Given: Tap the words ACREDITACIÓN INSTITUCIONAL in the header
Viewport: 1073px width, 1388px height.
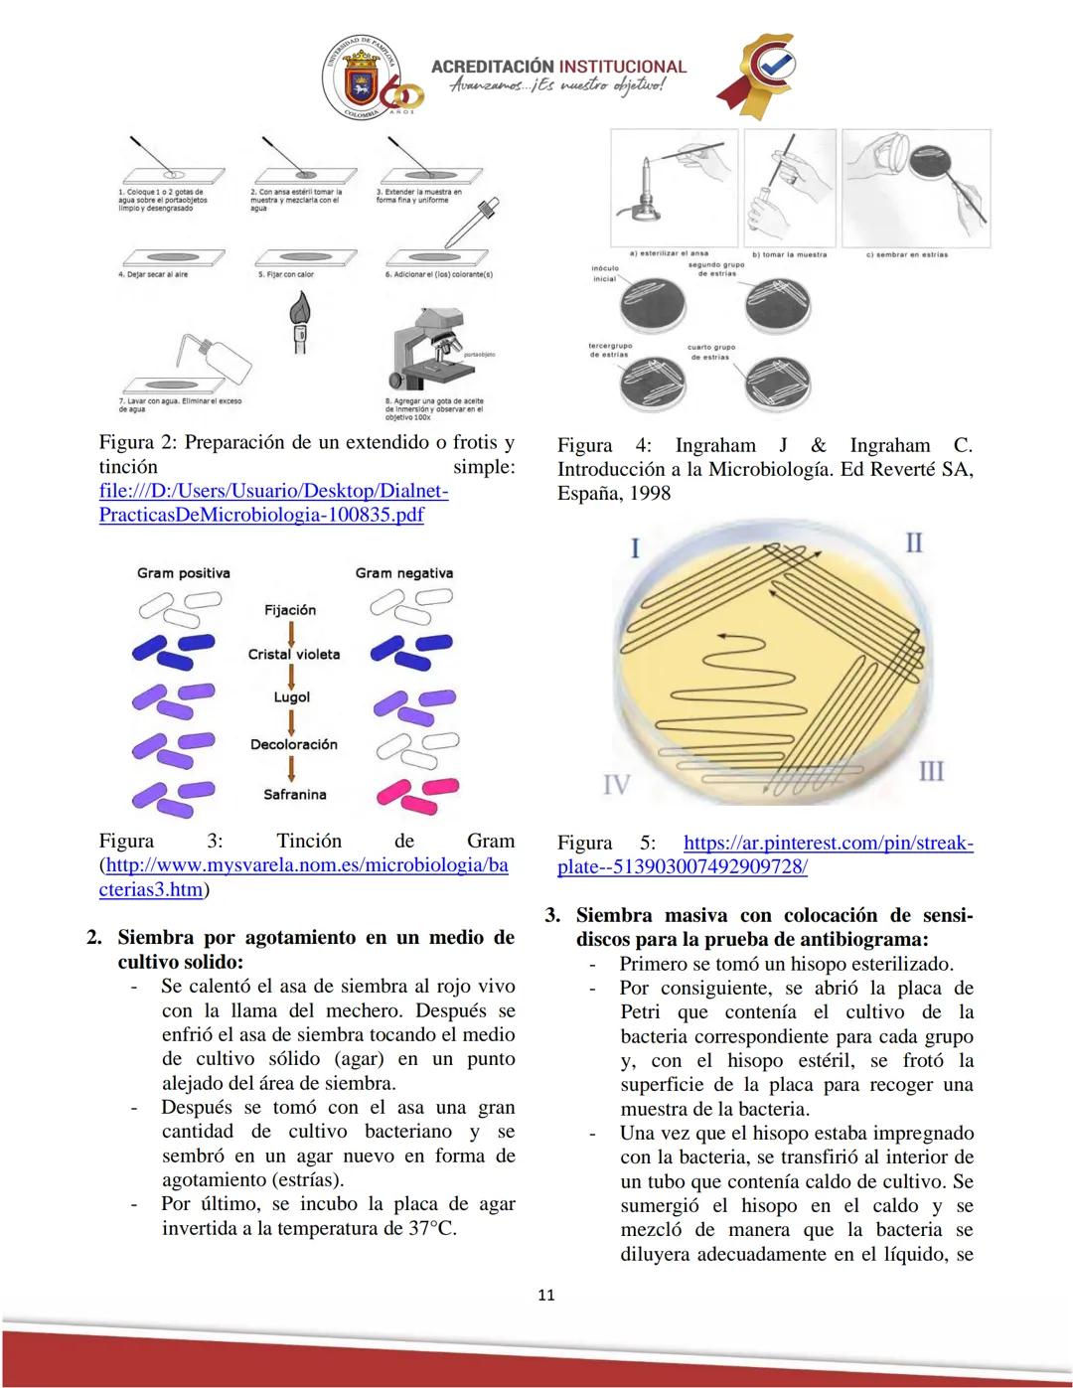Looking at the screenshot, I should [558, 67].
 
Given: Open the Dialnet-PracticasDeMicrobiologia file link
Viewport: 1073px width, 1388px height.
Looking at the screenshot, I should [273, 503].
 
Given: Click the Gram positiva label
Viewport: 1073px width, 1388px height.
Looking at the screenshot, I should [184, 573].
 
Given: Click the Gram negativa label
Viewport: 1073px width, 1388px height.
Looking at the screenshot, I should [403, 573].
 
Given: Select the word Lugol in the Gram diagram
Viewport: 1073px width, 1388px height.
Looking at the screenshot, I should [292, 697].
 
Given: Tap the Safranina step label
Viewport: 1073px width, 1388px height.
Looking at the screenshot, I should [294, 795].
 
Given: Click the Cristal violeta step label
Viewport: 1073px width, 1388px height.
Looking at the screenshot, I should [294, 655].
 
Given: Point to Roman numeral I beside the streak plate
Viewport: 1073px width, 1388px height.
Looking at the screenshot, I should [635, 548].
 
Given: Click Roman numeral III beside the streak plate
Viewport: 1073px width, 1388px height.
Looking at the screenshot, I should [931, 771].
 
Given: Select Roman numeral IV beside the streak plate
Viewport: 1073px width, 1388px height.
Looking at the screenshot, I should [616, 785].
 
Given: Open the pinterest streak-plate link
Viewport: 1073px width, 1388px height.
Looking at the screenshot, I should [765, 854].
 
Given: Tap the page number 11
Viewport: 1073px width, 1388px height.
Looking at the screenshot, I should [545, 1295].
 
